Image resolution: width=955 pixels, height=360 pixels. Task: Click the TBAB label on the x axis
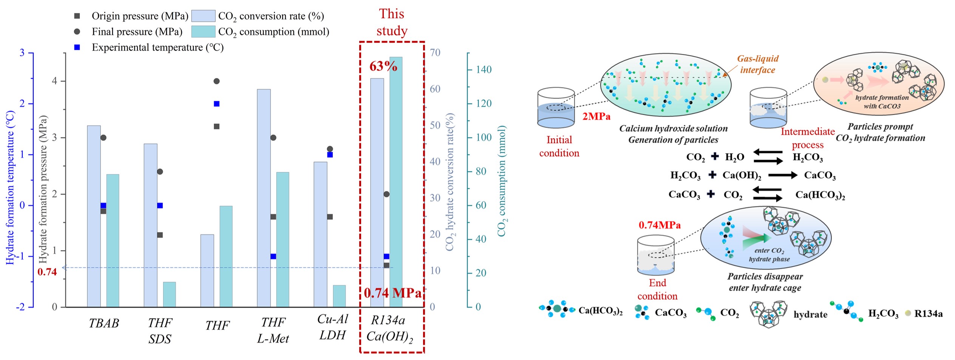[104, 323]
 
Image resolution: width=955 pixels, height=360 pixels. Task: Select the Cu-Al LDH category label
[332, 327]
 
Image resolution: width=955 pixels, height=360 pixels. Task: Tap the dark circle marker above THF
[216, 81]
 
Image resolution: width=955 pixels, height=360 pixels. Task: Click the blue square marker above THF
[216, 104]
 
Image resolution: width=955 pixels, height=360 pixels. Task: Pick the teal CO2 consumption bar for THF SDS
[169, 294]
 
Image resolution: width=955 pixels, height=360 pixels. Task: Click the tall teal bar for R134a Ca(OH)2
[396, 182]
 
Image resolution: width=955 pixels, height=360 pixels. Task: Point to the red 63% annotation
[383, 66]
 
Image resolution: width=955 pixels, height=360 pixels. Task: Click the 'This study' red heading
[392, 22]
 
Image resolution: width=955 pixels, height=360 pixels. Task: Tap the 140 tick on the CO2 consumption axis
[484, 70]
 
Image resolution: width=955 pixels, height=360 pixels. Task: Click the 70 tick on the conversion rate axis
[435, 53]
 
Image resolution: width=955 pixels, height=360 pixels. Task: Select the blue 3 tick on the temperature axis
[22, 53]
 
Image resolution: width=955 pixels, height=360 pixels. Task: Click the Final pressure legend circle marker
[77, 32]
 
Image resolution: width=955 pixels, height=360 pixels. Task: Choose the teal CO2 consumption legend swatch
[203, 32]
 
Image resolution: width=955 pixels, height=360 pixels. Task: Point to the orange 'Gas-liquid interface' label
[757, 64]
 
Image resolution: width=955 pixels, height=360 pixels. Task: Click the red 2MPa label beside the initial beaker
[596, 117]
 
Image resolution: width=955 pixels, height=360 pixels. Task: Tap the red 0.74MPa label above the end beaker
[660, 226]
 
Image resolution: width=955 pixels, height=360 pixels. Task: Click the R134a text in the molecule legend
[928, 314]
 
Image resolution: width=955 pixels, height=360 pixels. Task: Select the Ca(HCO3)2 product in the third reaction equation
[820, 195]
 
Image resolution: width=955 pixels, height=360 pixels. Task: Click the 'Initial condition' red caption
[559, 146]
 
